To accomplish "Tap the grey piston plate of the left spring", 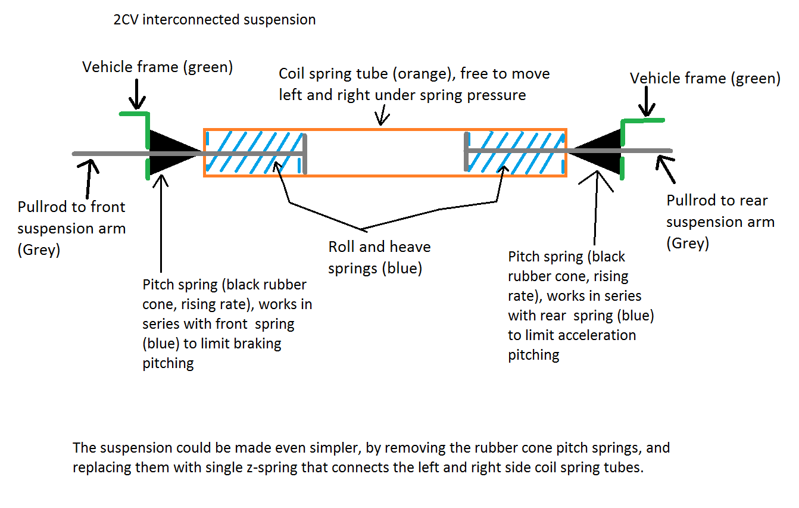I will [305, 154].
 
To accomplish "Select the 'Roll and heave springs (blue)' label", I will [379, 257].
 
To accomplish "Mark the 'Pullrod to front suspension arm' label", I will [71, 228].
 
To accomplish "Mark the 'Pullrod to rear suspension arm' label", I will [720, 222].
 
